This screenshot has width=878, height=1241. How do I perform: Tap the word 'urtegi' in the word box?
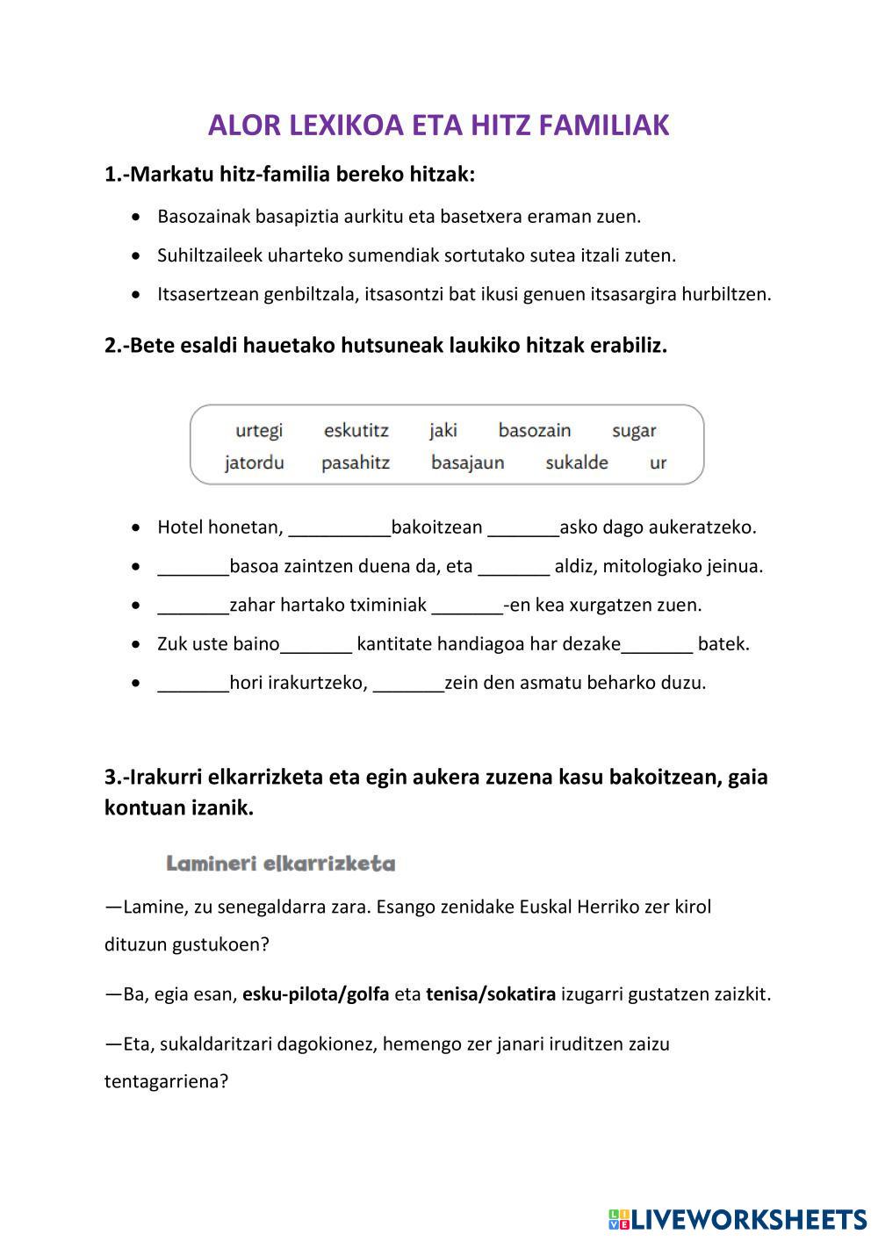[259, 430]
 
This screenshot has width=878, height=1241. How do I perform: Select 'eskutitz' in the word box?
[356, 430]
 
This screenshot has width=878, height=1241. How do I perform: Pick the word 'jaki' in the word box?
[443, 430]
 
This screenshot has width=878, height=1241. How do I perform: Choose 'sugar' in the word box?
[634, 430]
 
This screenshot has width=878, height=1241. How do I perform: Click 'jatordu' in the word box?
[255, 463]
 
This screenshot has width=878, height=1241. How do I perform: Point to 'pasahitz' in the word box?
[356, 463]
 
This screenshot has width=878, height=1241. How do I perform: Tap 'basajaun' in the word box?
[467, 463]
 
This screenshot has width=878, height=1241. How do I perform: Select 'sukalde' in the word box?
[576, 463]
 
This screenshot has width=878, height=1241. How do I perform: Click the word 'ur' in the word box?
[658, 463]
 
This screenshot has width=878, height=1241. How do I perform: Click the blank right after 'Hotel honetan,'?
[339, 528]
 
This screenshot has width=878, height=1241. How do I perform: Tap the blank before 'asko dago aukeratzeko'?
[523, 528]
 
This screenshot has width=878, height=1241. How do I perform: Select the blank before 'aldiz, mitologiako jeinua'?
[514, 567]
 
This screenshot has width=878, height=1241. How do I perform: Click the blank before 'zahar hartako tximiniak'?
[193, 606]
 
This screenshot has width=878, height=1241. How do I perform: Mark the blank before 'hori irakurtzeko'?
[193, 683]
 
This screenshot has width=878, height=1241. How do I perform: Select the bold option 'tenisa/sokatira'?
[491, 994]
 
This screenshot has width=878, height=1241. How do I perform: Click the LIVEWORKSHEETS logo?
[738, 1219]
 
